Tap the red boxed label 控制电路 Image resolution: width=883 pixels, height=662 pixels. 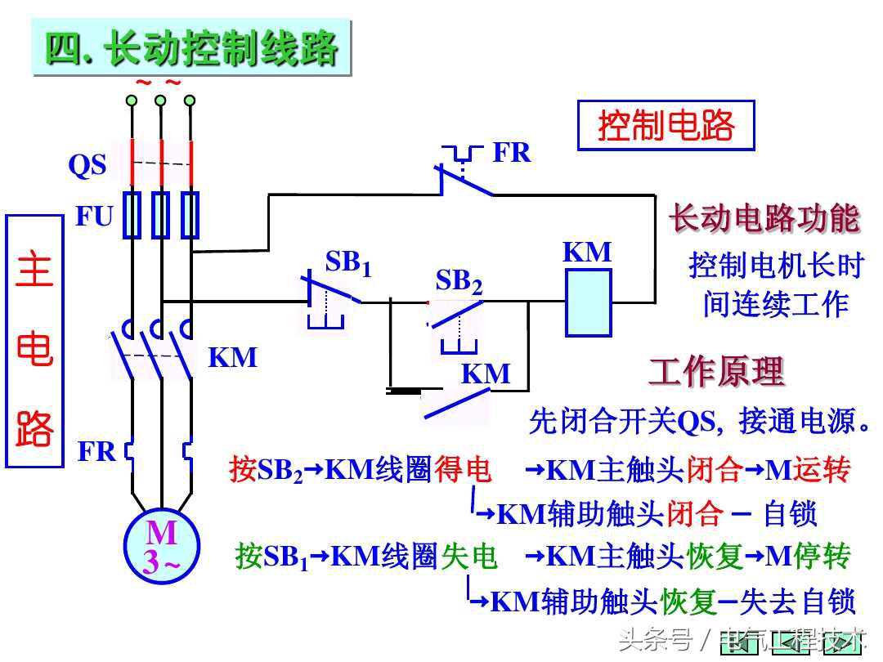point(666,126)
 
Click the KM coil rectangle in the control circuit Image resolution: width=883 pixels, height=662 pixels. point(589,302)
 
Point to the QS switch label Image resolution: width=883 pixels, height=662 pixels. point(87,165)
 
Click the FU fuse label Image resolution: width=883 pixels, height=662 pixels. point(94,217)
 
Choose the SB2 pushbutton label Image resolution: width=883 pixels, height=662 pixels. point(459,281)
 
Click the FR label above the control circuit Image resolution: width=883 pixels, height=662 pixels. point(512,152)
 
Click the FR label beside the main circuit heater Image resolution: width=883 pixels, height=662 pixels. point(96,451)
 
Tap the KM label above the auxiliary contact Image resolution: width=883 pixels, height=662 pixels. point(486,373)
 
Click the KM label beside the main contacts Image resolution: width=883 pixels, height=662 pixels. point(233,357)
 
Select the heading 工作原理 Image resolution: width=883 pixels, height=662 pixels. point(716,372)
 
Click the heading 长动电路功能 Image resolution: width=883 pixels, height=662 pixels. point(764,218)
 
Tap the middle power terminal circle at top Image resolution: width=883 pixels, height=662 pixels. point(160,101)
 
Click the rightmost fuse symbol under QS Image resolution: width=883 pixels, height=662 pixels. point(190,215)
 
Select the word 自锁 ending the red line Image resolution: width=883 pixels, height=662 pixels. point(790,514)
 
